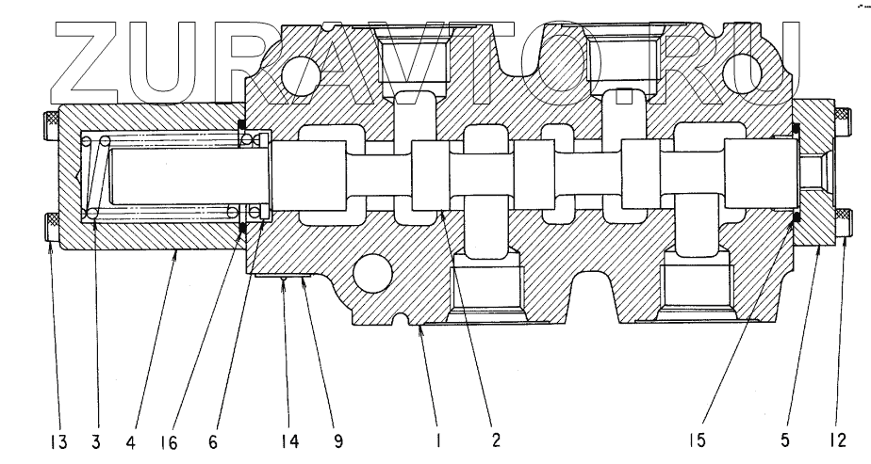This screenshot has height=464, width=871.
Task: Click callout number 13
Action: pyautogui.click(x=59, y=439)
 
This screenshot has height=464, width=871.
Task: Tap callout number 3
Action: pyautogui.click(x=98, y=439)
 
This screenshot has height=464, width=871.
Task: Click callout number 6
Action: pyautogui.click(x=215, y=439)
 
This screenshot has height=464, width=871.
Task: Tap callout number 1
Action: pyautogui.click(x=438, y=439)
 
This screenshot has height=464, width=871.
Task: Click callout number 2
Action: pyautogui.click(x=496, y=439)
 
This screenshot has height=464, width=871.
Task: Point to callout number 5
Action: pyautogui.click(x=788, y=439)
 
